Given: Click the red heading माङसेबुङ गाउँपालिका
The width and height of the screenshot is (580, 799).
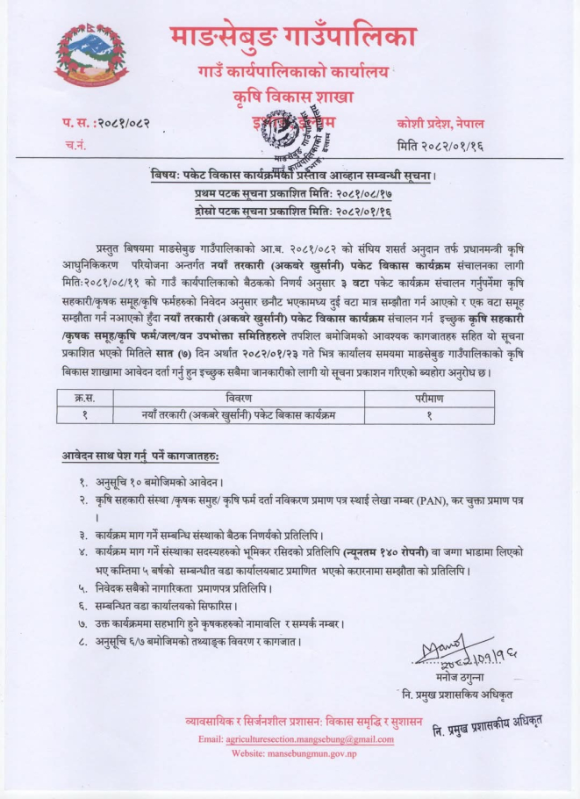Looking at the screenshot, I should point(292,36).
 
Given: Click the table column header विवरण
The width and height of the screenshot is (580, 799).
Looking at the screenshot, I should point(261,398).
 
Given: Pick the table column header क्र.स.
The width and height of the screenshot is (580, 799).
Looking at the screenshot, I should point(85,398).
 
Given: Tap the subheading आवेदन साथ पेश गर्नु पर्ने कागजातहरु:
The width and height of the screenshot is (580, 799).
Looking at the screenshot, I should point(140,459).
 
